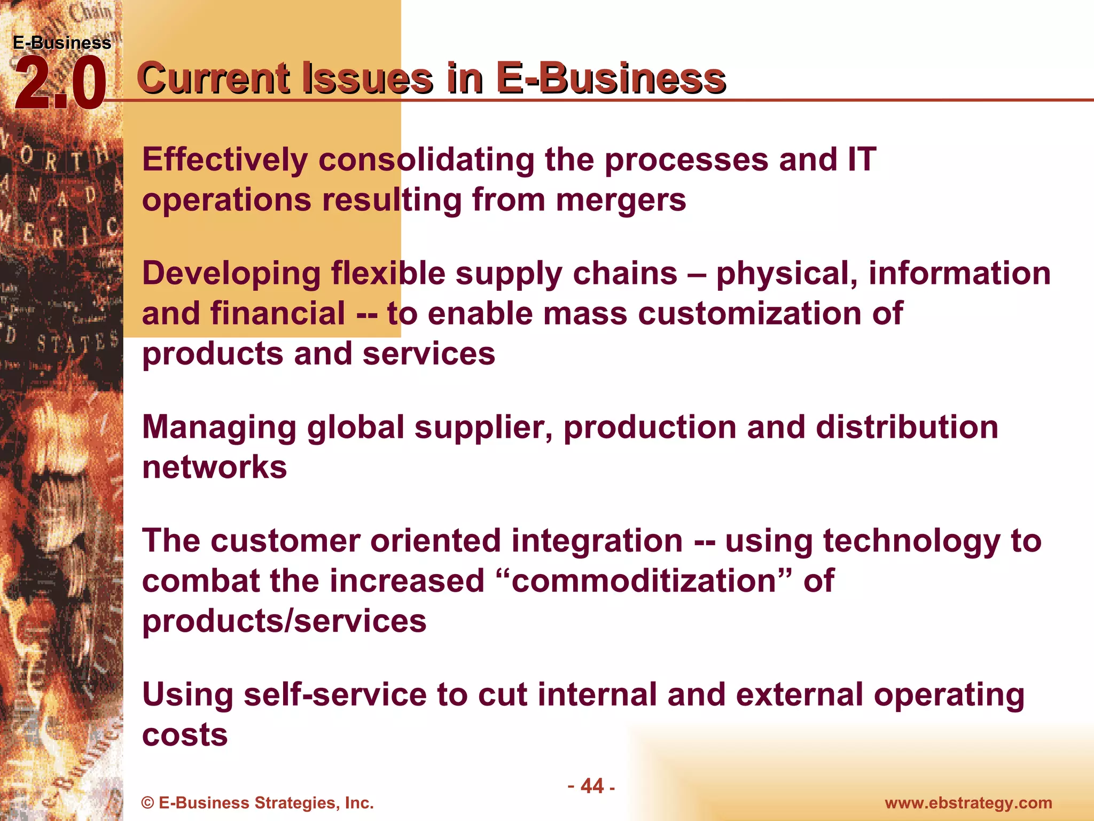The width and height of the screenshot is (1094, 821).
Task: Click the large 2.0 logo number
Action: click(x=60, y=84)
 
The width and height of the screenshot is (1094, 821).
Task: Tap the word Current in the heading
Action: click(x=213, y=79)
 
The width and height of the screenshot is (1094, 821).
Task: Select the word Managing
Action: click(x=219, y=429)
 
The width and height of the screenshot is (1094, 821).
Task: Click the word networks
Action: click(x=214, y=467)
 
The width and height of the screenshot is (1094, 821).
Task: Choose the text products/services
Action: click(x=284, y=622)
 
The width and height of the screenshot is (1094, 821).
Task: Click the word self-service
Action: click(x=335, y=695)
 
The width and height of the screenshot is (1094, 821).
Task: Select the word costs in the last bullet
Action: click(x=185, y=735)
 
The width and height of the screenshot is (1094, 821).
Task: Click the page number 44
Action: click(x=592, y=786)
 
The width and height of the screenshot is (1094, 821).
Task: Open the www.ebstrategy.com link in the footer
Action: click(x=968, y=803)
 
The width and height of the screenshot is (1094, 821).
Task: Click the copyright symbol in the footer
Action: click(x=148, y=803)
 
